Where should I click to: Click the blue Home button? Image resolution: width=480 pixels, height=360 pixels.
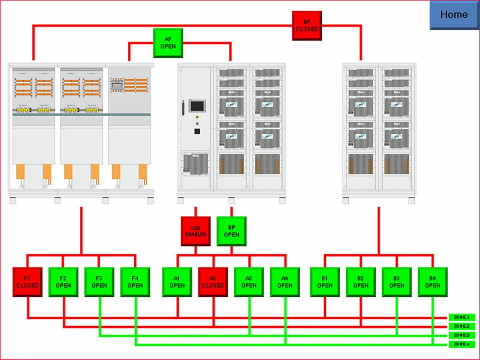(x=454, y=15)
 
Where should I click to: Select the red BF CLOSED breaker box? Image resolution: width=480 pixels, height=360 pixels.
(x=307, y=25)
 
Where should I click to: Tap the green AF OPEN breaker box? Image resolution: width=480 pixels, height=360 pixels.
(x=168, y=43)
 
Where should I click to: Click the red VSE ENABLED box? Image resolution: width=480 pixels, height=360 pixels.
(x=196, y=231)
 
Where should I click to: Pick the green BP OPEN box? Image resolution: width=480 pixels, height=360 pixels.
(x=232, y=231)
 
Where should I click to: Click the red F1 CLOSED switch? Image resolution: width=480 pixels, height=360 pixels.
(x=27, y=282)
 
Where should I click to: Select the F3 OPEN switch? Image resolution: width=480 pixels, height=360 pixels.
(x=99, y=282)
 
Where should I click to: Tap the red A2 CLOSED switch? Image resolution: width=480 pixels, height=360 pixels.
(x=213, y=282)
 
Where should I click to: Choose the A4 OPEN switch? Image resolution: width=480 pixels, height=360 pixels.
(x=285, y=282)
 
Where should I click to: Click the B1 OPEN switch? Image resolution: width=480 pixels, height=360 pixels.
(x=325, y=282)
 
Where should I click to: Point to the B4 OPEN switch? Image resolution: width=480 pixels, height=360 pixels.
(x=432, y=282)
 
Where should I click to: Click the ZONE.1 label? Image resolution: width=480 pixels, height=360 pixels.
(x=461, y=317)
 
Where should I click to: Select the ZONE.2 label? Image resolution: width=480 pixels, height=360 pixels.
(x=461, y=326)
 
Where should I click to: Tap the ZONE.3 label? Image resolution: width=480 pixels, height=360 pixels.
(x=461, y=335)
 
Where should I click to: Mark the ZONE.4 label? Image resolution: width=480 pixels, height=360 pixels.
(x=461, y=344)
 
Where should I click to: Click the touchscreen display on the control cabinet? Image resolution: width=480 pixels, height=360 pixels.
(x=197, y=106)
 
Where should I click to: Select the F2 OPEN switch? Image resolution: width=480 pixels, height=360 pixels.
(x=63, y=282)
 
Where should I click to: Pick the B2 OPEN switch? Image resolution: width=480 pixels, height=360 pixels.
(x=361, y=282)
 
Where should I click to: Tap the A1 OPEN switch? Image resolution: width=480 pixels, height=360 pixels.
(x=177, y=282)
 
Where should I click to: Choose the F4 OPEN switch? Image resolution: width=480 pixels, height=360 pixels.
(x=135, y=282)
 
